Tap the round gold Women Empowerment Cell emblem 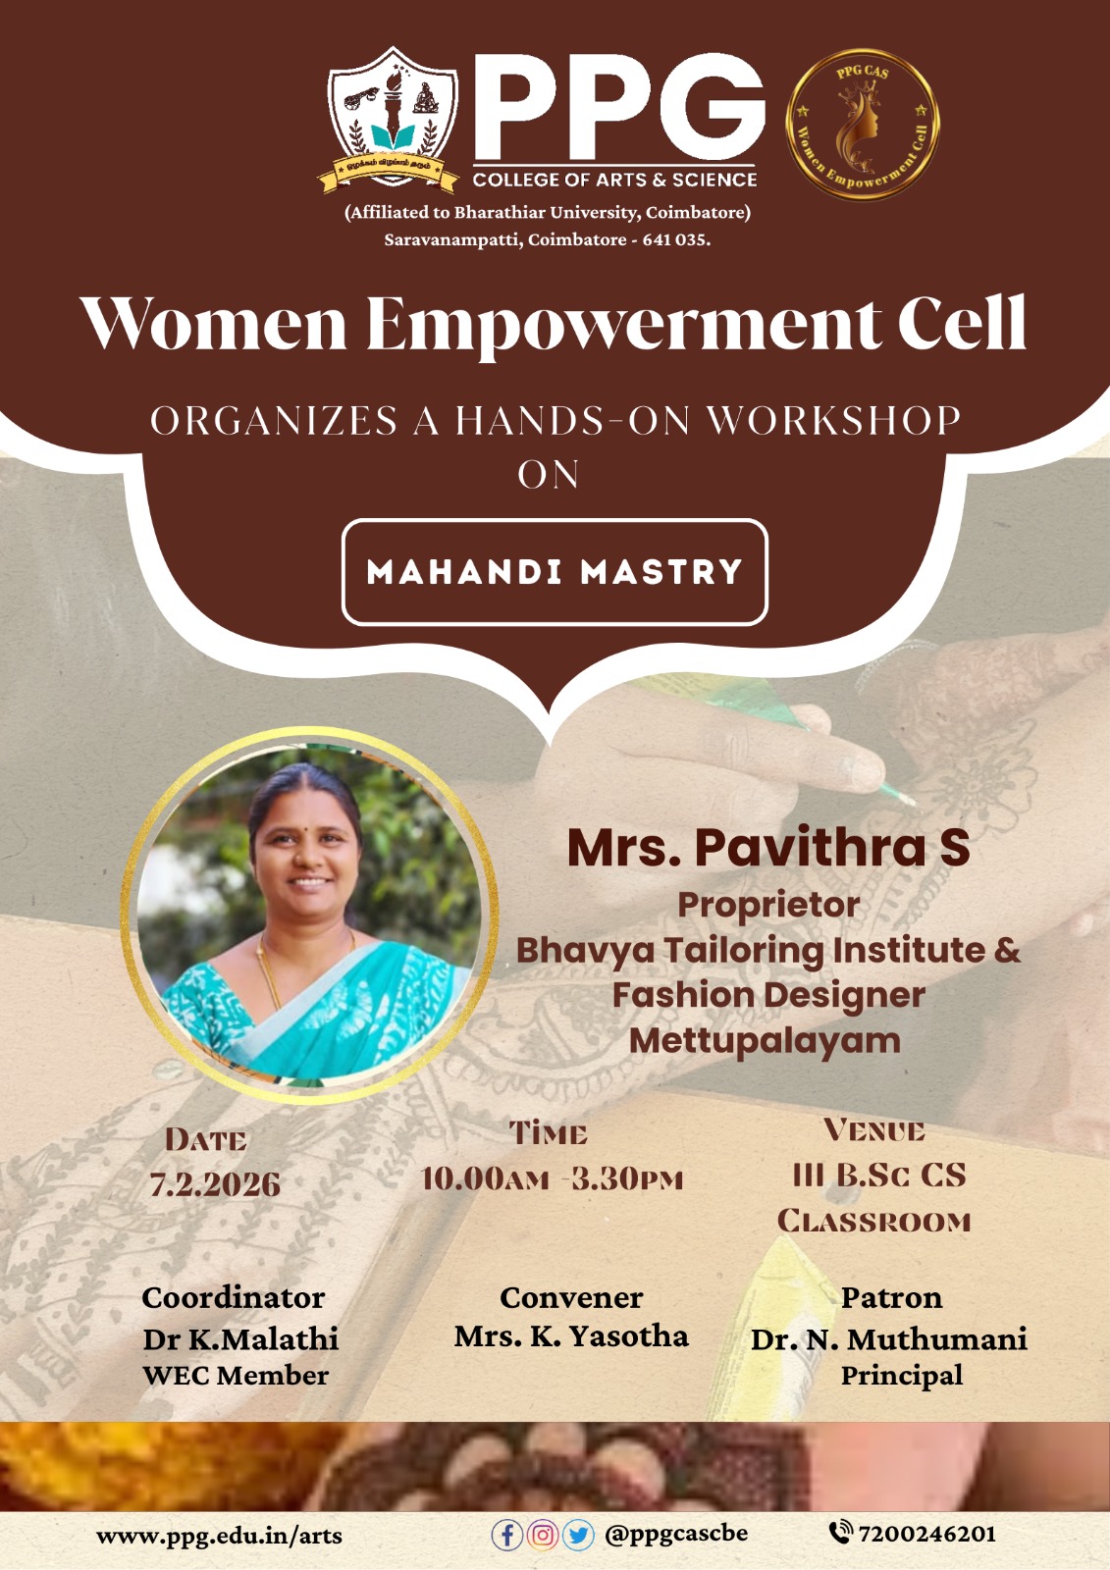point(863,124)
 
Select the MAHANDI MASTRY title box point(555,572)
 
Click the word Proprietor point(768,905)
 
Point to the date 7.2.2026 point(215,1183)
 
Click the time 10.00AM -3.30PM point(552,1178)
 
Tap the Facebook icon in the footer point(506,1535)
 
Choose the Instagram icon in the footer point(542,1535)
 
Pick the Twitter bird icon point(578,1535)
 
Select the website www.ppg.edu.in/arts point(219,1536)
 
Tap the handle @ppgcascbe point(676,1534)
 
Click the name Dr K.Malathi point(240,1338)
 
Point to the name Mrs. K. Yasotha point(571,1335)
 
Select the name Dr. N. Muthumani point(889,1338)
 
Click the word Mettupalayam point(765,1041)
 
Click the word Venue point(874,1129)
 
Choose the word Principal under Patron point(902,1375)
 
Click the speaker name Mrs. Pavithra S point(768,848)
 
